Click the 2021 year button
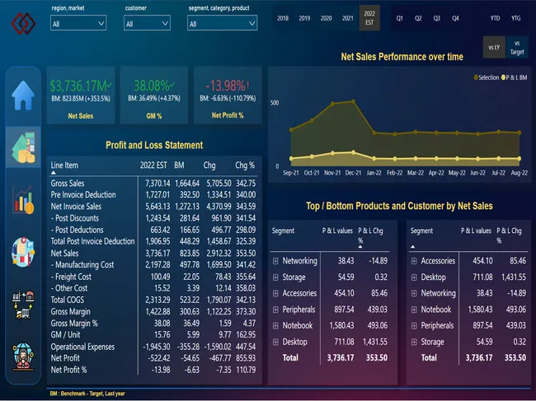(x=347, y=17)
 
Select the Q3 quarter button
(x=437, y=17)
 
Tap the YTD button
(x=495, y=17)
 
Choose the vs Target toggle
(x=517, y=47)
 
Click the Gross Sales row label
(x=68, y=182)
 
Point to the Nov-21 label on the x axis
(x=333, y=173)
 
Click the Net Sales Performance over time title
(x=402, y=57)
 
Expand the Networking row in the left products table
(x=275, y=261)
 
